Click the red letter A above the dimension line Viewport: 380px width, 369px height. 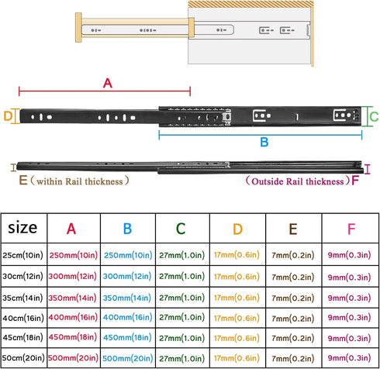108,83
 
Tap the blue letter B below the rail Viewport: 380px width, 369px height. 264,142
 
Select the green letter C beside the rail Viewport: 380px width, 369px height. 374,116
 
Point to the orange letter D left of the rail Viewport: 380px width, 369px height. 8,116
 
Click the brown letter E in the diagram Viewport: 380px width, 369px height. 23,180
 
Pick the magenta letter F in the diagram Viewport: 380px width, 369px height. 355,181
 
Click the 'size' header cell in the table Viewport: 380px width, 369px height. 22,228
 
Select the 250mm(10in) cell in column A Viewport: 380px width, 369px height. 74,255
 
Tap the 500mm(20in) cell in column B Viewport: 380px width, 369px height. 128,358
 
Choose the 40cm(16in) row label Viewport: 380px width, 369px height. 23,318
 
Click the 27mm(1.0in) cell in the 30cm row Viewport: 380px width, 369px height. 182,276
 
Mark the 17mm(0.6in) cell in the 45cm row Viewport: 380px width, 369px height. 237,338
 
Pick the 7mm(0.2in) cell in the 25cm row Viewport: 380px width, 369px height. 293,255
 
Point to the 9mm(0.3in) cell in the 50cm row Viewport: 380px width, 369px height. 349,358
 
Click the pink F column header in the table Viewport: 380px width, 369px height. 351,229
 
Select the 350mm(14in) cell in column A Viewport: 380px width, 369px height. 73,298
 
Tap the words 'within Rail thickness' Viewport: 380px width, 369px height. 80,181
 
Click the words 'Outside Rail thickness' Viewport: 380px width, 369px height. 298,181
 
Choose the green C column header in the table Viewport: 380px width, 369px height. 181,229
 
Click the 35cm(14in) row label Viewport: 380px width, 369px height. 22,298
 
